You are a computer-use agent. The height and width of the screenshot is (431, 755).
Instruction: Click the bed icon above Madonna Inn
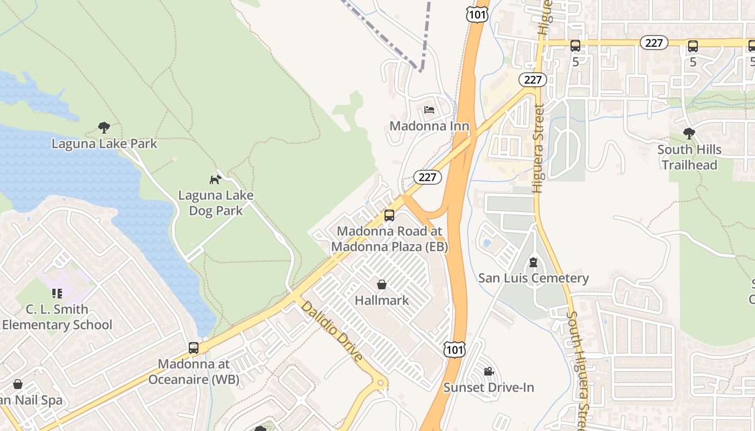coord(429,110)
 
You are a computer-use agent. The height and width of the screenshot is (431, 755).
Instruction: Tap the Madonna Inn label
coord(429,126)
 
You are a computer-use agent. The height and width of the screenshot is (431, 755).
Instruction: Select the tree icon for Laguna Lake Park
coord(104,128)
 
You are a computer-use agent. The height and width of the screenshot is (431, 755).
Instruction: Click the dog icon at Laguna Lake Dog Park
coord(216,179)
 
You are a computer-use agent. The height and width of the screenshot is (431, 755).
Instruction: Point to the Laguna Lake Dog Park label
coord(216,203)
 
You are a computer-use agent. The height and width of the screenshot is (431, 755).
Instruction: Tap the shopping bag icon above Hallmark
coord(382,284)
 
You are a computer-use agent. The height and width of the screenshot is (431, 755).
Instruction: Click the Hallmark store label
coord(382,300)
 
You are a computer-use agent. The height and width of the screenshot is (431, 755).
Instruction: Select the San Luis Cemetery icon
coord(533,262)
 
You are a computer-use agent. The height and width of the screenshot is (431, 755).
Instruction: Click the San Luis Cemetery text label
coord(533,278)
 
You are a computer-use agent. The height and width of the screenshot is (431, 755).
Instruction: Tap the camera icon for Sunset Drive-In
coord(489,371)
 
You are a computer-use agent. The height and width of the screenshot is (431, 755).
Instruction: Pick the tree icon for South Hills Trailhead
coord(689,133)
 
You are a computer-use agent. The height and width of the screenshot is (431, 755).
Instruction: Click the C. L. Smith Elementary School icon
coord(57,294)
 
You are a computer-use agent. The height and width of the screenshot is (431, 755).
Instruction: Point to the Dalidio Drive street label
coord(331,331)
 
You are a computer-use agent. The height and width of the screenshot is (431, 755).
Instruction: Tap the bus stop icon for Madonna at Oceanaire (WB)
coord(194,348)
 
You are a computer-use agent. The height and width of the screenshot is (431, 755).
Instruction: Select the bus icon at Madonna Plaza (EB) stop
coord(389,215)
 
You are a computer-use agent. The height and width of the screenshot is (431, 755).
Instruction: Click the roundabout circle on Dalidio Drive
coord(381,384)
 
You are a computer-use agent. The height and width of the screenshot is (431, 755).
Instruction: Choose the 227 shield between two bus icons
coord(654,43)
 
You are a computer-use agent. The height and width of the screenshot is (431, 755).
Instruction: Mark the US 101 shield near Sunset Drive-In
coord(454,350)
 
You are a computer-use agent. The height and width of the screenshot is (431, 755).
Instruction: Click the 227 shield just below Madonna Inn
coord(428,177)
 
